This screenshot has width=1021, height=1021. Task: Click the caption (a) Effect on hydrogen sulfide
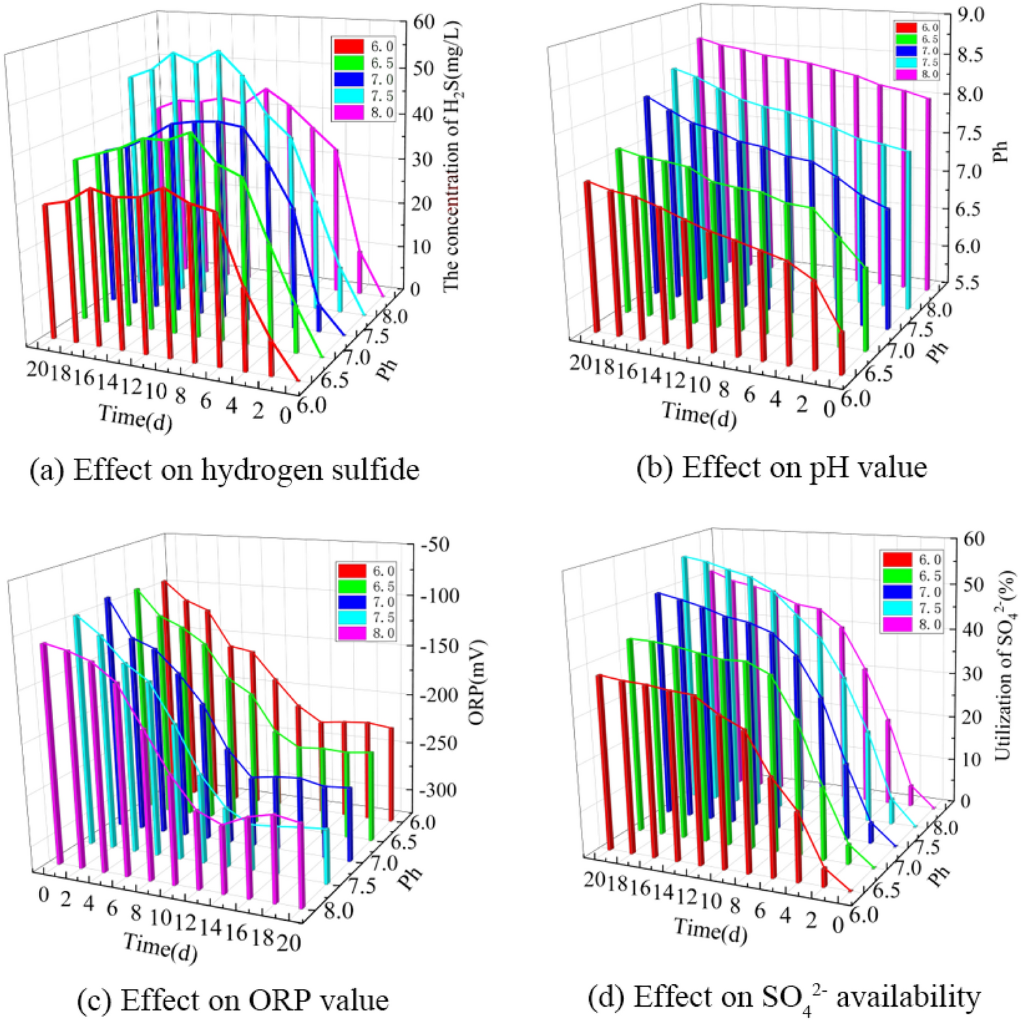(224, 470)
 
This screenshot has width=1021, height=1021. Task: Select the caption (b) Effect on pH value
(781, 468)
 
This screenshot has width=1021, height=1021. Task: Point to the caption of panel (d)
(783, 998)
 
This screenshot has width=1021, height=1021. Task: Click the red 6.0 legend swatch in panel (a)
(348, 46)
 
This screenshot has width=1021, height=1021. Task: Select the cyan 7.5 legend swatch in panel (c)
(351, 618)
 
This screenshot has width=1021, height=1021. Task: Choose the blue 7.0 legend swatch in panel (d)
(897, 592)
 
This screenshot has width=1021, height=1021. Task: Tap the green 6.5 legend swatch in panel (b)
(905, 39)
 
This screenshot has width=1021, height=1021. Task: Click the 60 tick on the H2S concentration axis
(424, 22)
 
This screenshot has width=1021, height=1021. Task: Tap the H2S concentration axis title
(451, 157)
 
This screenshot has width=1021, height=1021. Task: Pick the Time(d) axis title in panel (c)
(160, 948)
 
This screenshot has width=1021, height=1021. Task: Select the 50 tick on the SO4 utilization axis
(972, 584)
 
